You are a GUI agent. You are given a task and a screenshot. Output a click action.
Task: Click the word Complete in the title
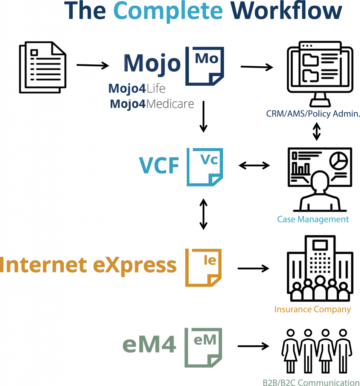click(x=168, y=11)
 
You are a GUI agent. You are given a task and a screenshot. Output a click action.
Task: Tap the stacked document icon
click(x=43, y=67)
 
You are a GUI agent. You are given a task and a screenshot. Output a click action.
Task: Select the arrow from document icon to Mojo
click(x=93, y=65)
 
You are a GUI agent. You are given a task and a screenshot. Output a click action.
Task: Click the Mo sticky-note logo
click(x=204, y=66)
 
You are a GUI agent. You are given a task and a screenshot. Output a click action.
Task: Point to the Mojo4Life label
click(x=137, y=88)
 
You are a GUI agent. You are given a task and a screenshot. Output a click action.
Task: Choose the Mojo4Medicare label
click(x=152, y=104)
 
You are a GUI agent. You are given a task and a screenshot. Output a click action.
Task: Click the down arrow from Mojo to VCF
click(x=203, y=116)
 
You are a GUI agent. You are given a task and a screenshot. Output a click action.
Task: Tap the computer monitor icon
click(x=320, y=74)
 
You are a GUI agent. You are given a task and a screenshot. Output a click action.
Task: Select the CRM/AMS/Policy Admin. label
click(x=313, y=114)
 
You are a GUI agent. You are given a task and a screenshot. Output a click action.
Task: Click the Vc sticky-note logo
click(x=205, y=167)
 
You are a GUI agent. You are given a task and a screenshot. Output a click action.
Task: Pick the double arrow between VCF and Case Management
click(x=254, y=165)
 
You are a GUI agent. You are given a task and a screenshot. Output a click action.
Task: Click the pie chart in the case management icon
click(x=339, y=161)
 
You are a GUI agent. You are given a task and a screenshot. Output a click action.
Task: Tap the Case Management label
click(x=313, y=219)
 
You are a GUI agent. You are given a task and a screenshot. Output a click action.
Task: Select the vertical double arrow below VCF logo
click(x=203, y=214)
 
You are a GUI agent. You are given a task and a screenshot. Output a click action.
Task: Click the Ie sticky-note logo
click(x=203, y=268)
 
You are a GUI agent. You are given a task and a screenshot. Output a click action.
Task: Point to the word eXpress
click(x=135, y=265)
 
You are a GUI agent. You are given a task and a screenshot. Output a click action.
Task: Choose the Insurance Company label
click(x=313, y=309)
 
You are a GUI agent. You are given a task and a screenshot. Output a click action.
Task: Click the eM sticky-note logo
click(x=203, y=348)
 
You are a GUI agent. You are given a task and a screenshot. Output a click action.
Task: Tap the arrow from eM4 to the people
click(x=253, y=346)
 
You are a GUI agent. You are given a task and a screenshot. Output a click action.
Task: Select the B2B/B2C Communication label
click(x=311, y=382)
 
